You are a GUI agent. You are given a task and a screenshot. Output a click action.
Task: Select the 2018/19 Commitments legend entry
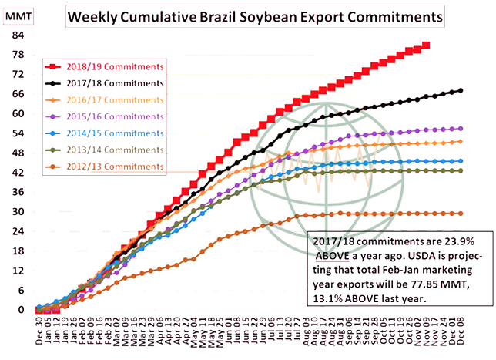pos(115,66)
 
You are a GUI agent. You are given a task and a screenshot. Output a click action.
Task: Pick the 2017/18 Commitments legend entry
pos(115,83)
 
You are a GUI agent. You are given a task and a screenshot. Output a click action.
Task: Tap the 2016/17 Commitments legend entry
pos(115,99)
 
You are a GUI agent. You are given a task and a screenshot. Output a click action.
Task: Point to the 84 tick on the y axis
pos(18,35)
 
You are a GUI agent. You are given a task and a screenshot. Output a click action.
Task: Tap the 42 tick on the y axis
pos(18,173)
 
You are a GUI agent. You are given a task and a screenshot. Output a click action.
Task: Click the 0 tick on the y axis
pos(21,309)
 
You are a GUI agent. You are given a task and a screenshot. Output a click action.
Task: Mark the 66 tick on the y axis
pos(18,94)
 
